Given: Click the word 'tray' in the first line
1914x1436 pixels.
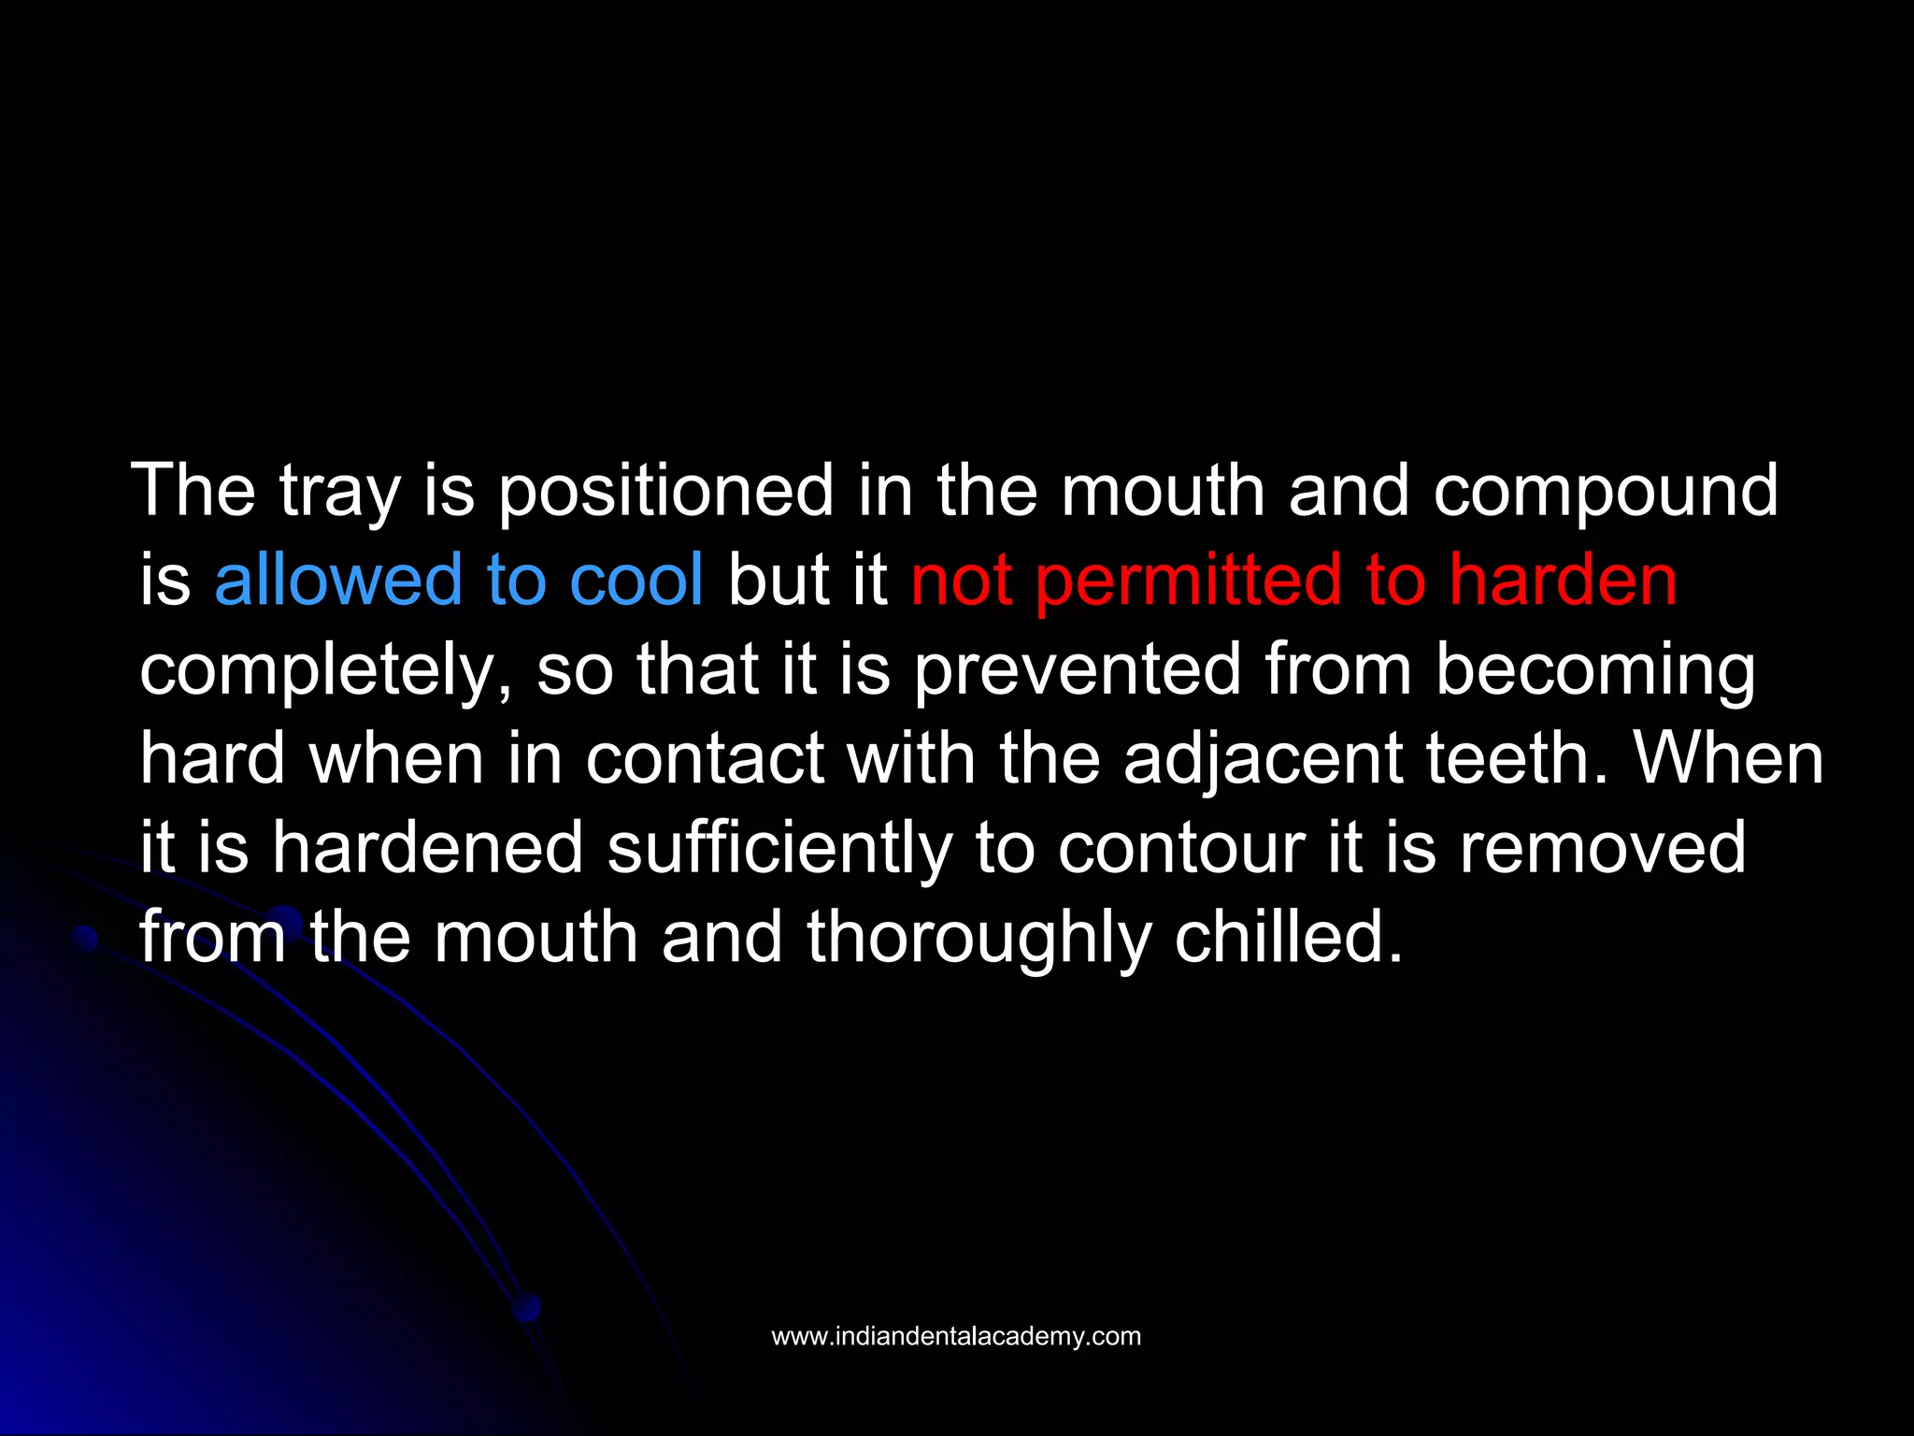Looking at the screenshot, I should click(x=340, y=492).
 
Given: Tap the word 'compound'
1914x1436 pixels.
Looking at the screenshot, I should click(x=1606, y=492).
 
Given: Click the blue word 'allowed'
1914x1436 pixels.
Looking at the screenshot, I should click(x=337, y=580).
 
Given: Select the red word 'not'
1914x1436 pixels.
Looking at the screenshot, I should click(x=961, y=580).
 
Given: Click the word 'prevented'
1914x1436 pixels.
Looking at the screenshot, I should click(x=1077, y=669).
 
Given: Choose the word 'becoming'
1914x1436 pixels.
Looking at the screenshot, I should click(x=1594, y=671).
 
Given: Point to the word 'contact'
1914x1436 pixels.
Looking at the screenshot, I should click(x=705, y=759).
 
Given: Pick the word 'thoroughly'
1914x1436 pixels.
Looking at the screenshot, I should click(x=978, y=939).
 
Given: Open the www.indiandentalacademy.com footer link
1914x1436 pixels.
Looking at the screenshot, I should click(x=956, y=1337).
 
